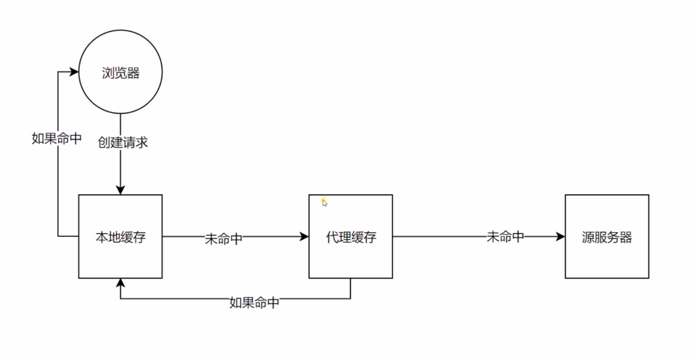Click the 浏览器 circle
[x=120, y=72]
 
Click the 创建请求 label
[x=123, y=143]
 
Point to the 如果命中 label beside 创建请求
[x=56, y=138]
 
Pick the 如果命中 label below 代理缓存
[x=254, y=303]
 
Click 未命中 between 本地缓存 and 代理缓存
[x=223, y=239]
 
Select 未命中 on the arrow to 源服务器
[x=505, y=237]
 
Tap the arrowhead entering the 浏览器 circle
[x=74, y=72]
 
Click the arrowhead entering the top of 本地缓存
[x=120, y=190]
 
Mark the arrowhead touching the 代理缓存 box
[x=304, y=237]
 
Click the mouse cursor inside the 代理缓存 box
[x=325, y=203]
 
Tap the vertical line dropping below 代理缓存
[x=350, y=288]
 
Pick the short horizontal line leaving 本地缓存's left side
[x=68, y=237]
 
